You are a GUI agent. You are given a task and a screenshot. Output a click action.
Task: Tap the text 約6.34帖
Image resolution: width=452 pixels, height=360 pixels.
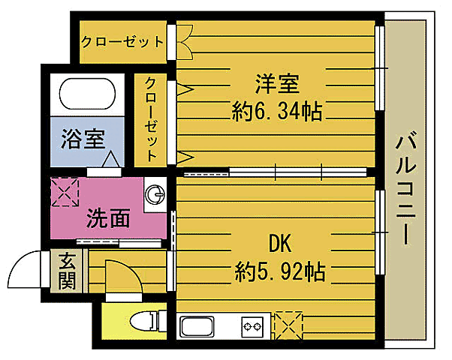coord(278,112)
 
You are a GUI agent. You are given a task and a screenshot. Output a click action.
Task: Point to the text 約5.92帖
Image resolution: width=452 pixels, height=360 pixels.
coord(279,271)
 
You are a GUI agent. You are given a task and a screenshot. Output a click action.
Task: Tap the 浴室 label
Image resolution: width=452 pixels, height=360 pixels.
coord(83,139)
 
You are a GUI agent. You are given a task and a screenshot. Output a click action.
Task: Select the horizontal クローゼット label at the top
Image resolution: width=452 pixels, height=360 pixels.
coord(122,41)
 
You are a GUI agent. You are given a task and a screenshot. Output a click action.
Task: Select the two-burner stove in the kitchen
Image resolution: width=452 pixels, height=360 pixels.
coord(252,327)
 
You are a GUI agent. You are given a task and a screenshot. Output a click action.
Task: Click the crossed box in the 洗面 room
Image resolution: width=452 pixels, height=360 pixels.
coord(65,191)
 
